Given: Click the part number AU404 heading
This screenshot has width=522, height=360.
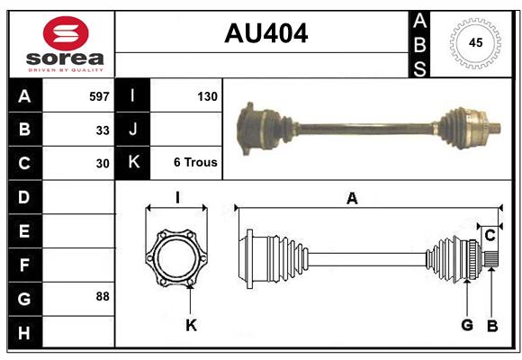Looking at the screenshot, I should click(x=265, y=33).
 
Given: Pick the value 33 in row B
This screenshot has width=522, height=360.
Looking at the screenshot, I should click(x=103, y=130).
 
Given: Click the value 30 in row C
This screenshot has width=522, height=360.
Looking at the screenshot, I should click(x=103, y=164).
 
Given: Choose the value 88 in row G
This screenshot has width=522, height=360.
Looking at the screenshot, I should click(x=103, y=296).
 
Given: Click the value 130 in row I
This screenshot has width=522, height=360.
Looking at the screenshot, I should click(x=207, y=95).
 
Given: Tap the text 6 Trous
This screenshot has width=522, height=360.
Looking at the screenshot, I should click(x=195, y=163).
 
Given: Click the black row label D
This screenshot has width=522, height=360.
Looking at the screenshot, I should click(x=24, y=196).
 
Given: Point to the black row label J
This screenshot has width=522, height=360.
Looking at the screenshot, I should click(x=133, y=130).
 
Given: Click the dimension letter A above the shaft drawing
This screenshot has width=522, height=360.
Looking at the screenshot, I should click(x=352, y=199).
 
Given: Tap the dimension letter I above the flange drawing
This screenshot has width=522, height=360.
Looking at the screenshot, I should click(x=177, y=199).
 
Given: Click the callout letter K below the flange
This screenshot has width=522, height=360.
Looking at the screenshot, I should click(x=191, y=325).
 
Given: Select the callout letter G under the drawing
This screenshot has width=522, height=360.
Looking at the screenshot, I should click(x=467, y=325).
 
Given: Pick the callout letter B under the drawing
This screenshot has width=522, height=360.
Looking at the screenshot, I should click(x=492, y=325).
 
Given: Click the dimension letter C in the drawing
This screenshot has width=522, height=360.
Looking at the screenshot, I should click(x=490, y=235).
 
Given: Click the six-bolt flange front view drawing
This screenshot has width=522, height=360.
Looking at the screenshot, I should click(x=176, y=258).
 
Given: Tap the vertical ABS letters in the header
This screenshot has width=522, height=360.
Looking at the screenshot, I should click(x=420, y=43).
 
